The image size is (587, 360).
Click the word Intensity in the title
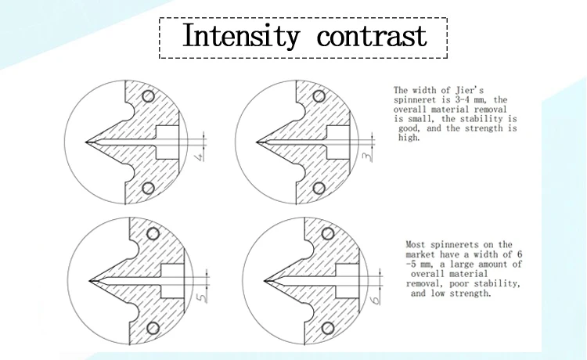point(240,36)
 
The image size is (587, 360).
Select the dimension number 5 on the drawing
point(200,299)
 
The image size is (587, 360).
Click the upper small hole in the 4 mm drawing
point(148,95)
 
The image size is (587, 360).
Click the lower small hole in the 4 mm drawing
point(148,189)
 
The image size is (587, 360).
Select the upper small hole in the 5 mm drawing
point(153,233)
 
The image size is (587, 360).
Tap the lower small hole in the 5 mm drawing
point(153,327)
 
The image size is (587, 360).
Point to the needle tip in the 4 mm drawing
point(86,142)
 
